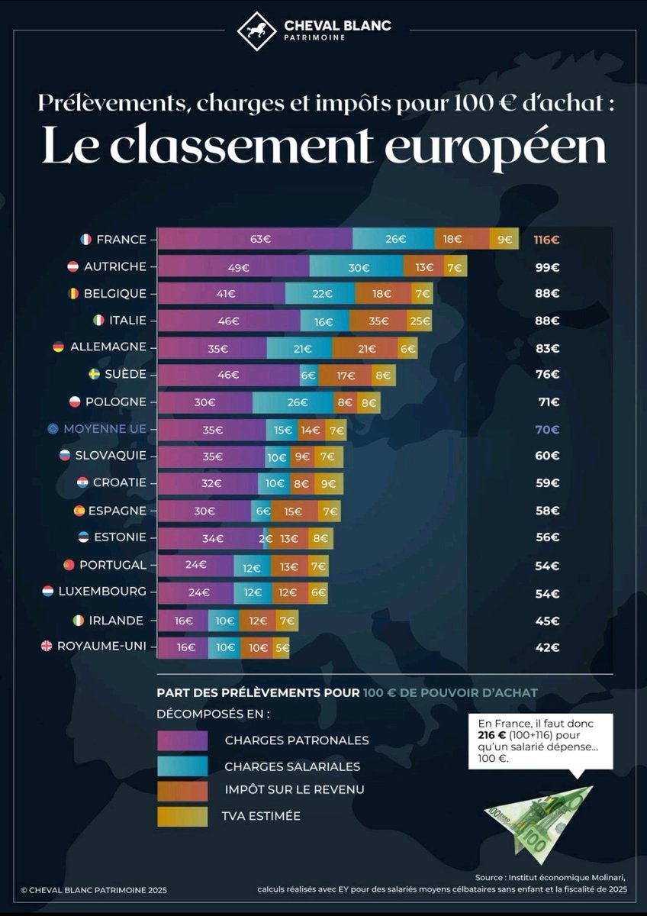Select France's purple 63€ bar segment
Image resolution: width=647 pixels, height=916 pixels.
(x=255, y=239)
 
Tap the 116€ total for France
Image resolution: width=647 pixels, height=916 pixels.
(x=546, y=239)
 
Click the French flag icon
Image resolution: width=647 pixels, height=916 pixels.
(x=85, y=239)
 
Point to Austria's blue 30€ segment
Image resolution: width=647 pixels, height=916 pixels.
(x=356, y=266)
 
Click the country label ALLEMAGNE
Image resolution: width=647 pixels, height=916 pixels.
(x=108, y=347)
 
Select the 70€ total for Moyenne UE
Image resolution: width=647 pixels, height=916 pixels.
(x=546, y=430)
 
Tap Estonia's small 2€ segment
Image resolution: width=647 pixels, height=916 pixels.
(x=266, y=538)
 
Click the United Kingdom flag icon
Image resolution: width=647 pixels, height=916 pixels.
(x=47, y=647)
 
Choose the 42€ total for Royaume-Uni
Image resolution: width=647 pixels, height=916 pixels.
(x=546, y=647)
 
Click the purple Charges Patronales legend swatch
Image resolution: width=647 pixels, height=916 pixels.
(x=182, y=740)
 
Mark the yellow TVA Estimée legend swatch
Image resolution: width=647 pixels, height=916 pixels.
(x=182, y=816)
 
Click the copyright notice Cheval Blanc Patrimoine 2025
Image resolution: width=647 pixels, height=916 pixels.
(x=94, y=889)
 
